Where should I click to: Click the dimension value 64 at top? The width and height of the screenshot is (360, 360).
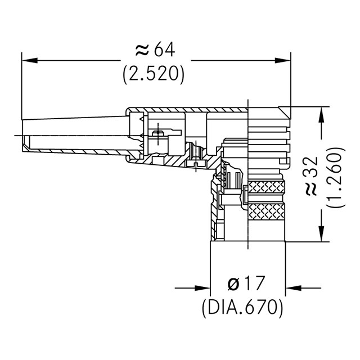[x=163, y=51]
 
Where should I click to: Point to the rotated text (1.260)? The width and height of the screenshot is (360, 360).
[x=335, y=179]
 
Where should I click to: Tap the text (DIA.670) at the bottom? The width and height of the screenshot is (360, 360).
[x=241, y=307]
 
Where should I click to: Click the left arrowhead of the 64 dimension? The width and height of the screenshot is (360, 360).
[x=28, y=58]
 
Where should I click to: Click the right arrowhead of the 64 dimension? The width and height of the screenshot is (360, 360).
[x=284, y=58]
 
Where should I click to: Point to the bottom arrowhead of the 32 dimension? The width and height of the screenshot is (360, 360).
[x=321, y=235]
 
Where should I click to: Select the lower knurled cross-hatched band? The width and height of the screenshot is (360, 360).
[x=267, y=212]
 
